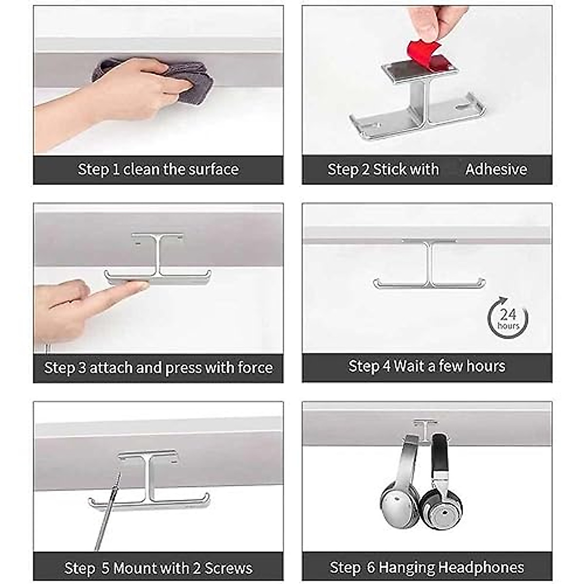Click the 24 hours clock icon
(508, 318)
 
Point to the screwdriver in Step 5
(108, 511)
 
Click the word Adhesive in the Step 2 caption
(496, 169)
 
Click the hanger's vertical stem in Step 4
(429, 263)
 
